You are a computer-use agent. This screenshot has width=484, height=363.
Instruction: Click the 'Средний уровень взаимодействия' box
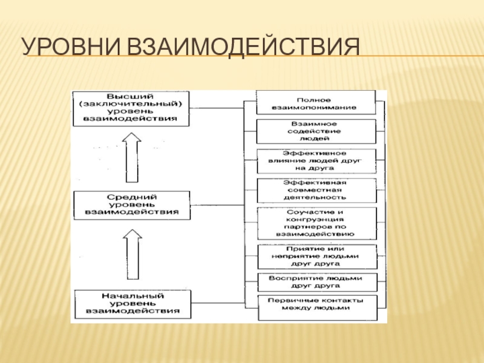[131, 205]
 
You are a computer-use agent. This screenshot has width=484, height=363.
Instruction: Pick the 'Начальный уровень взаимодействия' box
[131, 304]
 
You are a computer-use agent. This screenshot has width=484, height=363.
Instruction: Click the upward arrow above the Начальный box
[131, 260]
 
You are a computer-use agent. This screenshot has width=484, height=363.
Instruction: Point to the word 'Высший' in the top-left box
[131, 97]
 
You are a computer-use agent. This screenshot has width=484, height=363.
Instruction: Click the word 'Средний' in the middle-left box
[131, 198]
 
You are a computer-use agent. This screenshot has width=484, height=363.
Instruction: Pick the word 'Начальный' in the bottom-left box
[131, 295]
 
